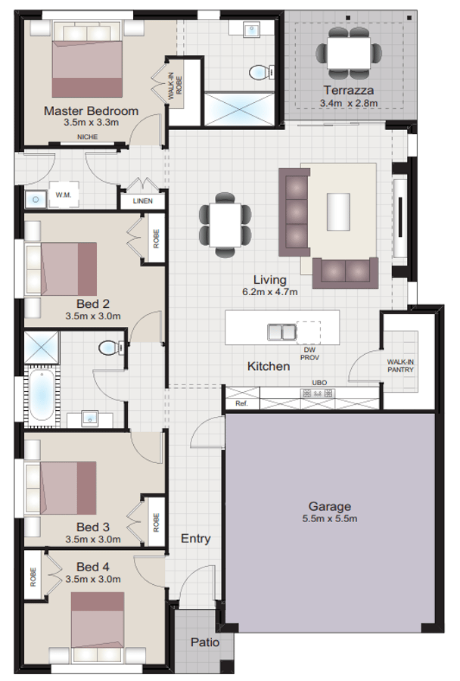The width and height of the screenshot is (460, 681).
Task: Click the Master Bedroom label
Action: [x=91, y=110]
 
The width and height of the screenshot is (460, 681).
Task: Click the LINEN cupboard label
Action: [x=141, y=201]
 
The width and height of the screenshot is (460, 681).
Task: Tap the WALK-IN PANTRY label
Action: [x=401, y=366]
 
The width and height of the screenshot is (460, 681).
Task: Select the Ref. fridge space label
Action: [x=242, y=404]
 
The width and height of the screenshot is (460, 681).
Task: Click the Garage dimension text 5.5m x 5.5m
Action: [x=329, y=519]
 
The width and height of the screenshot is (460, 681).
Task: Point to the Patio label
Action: [x=205, y=642]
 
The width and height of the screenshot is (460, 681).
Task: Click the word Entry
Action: [x=195, y=539]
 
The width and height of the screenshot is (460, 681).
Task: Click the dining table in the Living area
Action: [x=225, y=225]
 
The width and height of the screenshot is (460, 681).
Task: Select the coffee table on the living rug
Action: [x=338, y=211]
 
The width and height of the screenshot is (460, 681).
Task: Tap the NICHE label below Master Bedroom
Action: [x=87, y=137]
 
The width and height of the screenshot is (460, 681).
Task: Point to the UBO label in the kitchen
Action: [x=320, y=384]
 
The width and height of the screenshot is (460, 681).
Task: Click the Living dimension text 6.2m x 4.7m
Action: [x=269, y=291]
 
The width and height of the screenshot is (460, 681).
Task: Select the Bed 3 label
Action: [x=93, y=527]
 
